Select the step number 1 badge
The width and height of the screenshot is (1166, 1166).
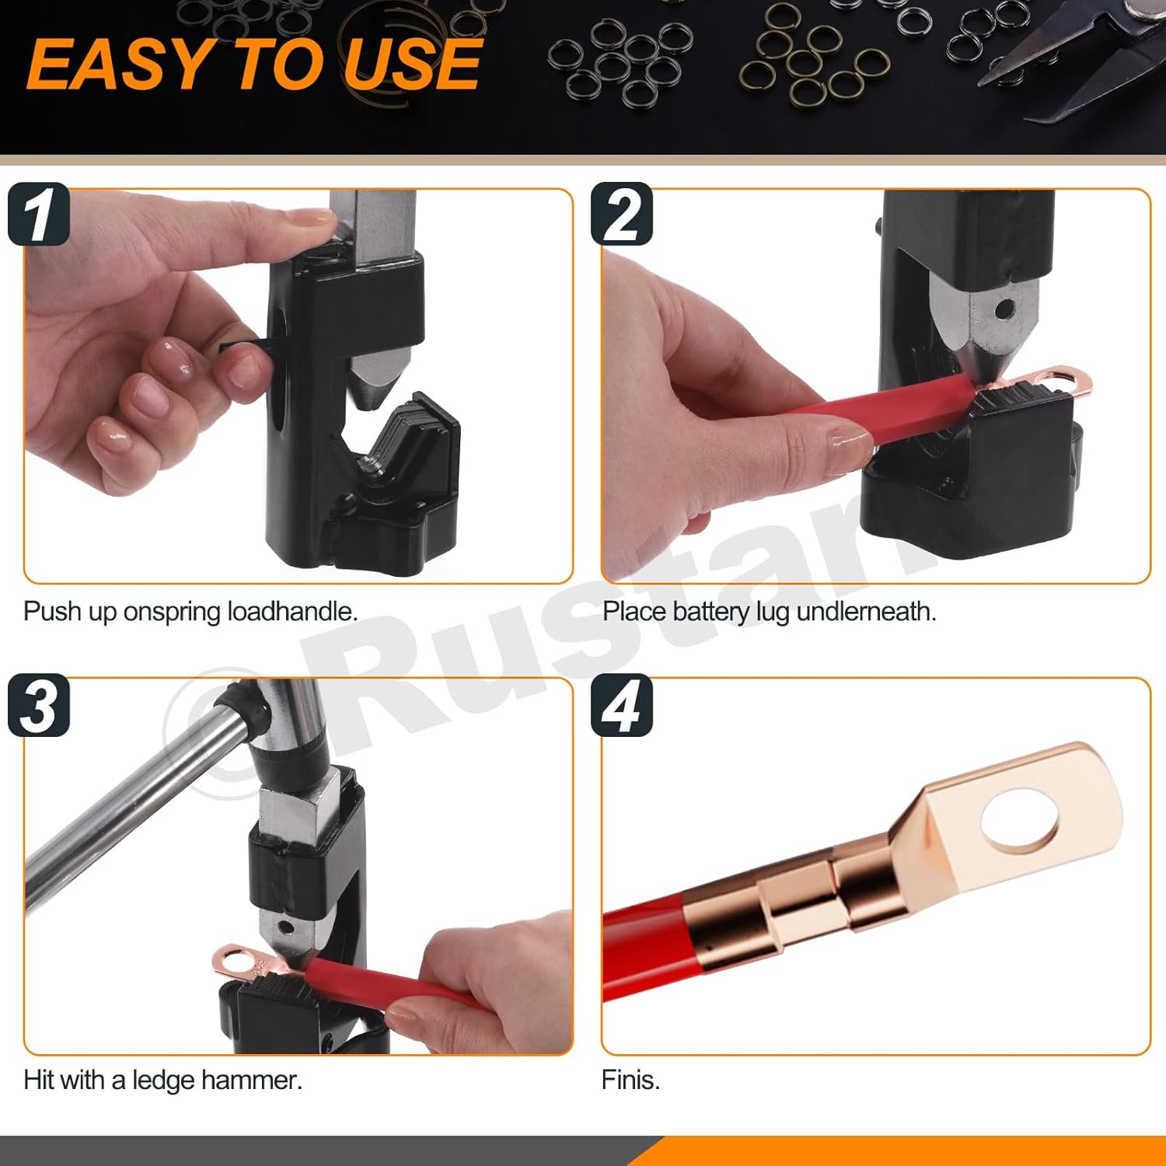click(x=39, y=215)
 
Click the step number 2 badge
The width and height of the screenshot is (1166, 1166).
click(x=622, y=215)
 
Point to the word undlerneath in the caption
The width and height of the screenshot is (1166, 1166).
click(x=866, y=612)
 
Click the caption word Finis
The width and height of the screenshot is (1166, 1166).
click(x=630, y=1080)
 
